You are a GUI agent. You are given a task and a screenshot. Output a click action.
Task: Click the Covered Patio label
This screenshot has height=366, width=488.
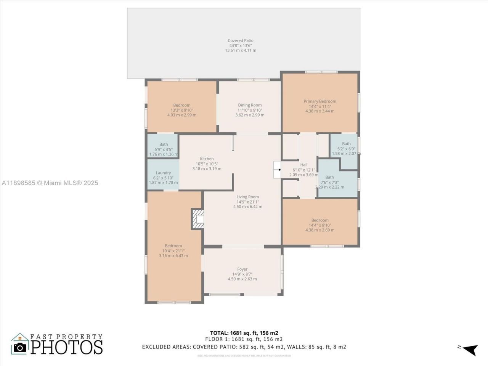click(240, 41)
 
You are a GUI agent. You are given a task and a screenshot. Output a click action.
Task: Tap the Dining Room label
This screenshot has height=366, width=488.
click(250, 105)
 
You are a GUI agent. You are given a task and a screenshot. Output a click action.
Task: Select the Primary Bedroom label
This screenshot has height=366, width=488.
click(319, 101)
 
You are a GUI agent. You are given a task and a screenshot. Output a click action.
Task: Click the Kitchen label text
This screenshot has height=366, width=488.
click(207, 159)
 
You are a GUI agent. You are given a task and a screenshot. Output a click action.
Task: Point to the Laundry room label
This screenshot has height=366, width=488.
click(163, 173)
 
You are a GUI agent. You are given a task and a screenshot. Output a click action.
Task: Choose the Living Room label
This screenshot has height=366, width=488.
click(247, 197)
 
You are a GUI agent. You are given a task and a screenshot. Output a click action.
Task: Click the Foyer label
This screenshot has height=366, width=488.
click(242, 269)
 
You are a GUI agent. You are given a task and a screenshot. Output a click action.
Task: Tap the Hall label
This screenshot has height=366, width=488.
click(303, 165)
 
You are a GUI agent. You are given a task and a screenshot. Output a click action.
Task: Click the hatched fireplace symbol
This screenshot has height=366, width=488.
click(197, 219)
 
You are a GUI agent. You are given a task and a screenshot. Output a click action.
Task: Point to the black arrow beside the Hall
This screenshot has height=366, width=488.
click(279, 170)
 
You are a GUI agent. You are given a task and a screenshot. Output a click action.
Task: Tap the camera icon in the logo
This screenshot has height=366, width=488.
click(20, 347)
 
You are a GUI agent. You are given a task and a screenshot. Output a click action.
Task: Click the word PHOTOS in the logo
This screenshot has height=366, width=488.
click(67, 347)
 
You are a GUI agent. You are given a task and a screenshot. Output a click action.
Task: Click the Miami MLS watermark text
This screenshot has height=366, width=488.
click(50, 183)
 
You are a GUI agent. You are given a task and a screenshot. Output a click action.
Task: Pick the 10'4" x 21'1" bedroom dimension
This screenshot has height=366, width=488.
click(173, 251)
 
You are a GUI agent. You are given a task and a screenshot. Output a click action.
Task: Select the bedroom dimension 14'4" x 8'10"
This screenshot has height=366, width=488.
click(319, 225)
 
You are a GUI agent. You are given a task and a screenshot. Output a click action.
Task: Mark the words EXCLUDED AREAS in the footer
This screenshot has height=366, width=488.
click(166, 347)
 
